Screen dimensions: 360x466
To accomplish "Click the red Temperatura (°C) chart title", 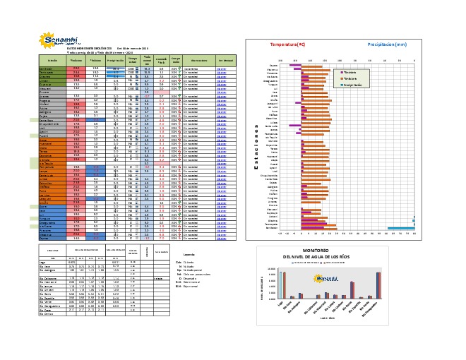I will click(x=287, y=44).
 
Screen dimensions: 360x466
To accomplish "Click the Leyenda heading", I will click(x=189, y=253).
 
